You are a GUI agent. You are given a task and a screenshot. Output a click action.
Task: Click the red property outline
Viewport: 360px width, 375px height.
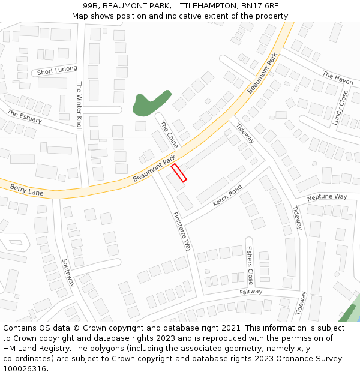click(179, 173)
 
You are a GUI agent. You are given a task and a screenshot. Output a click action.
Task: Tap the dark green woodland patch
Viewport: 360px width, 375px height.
click(149, 102)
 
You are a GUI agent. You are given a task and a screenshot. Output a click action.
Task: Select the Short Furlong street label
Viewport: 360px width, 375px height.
click(57, 71)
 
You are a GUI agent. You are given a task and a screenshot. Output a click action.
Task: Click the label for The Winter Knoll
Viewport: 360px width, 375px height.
click(79, 106)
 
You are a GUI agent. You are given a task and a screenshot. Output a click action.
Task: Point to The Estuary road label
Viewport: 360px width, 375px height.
click(24, 116)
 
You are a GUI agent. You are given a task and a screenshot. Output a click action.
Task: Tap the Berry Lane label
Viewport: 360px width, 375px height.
click(26, 190)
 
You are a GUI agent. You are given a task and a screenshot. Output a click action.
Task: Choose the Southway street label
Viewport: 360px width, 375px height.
click(68, 272)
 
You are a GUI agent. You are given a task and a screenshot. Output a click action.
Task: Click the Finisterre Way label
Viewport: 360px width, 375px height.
click(182, 232)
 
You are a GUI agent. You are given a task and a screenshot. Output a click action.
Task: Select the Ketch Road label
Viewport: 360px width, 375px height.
click(227, 196)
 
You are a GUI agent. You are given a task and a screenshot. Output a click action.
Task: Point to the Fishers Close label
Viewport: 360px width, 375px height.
click(250, 265)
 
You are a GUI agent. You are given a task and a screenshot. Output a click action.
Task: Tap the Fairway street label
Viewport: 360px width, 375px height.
click(251, 292)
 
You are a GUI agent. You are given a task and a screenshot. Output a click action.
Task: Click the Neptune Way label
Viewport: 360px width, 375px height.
click(327, 197)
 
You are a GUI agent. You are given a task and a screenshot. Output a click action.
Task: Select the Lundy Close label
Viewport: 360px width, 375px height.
click(340, 108)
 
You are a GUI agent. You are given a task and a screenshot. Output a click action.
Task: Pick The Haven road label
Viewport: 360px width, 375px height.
click(337, 77)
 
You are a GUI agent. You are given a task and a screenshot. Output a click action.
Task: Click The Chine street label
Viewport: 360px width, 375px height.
click(169, 134)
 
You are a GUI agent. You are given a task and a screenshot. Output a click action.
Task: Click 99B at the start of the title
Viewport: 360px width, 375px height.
click(91, 5)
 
